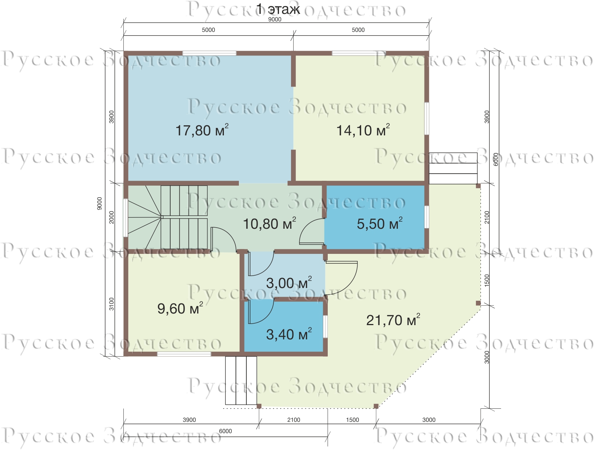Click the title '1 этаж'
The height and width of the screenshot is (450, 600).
(x=278, y=9)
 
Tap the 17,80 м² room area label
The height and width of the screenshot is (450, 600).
(x=202, y=130)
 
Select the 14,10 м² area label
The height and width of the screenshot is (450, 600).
(x=363, y=130)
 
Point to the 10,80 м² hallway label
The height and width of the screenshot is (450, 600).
(x=269, y=223)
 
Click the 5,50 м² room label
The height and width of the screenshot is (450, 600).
(x=379, y=223)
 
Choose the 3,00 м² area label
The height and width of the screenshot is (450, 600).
(x=289, y=283)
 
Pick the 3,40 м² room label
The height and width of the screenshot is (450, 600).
(x=289, y=334)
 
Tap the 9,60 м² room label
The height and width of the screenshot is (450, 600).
(x=180, y=308)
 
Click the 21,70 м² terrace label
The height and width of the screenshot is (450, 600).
(x=393, y=320)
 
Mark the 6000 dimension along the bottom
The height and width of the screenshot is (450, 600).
(x=225, y=431)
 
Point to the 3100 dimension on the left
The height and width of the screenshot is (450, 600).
(x=111, y=304)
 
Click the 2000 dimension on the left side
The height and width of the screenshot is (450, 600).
(x=111, y=217)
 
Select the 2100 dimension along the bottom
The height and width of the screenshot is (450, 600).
(x=294, y=420)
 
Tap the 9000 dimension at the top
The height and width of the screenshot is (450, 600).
(x=275, y=19)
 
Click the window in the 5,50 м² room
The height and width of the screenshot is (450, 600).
(x=426, y=217)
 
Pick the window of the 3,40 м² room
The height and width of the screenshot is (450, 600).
(x=325, y=327)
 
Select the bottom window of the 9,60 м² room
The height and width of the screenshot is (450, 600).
(x=184, y=354)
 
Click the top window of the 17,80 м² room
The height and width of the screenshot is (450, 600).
(x=209, y=53)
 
